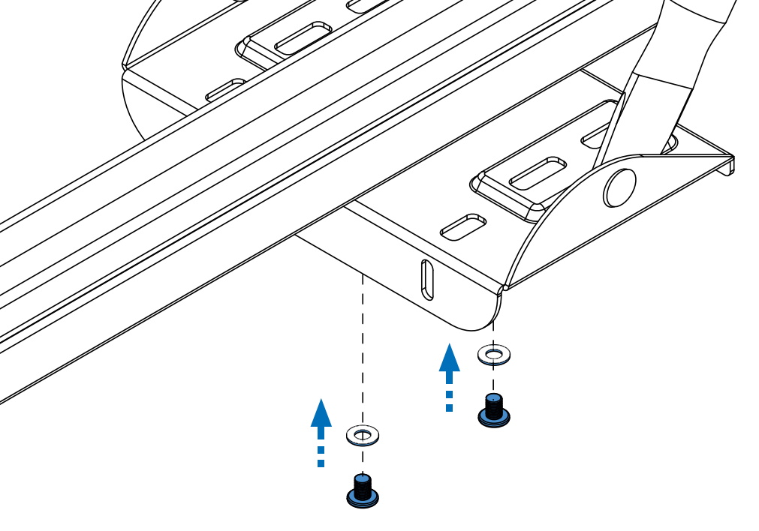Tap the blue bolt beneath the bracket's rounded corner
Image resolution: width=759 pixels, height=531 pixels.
pyautogui.click(x=493, y=412)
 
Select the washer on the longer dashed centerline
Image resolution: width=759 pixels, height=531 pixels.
pyautogui.click(x=363, y=433)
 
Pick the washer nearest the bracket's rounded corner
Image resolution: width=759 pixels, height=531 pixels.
pyautogui.click(x=494, y=352)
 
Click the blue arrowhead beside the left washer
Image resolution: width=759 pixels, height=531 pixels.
pyautogui.click(x=321, y=413)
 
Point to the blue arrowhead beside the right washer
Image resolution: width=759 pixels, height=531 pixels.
pyautogui.click(x=449, y=358)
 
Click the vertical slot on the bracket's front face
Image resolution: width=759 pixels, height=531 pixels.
pyautogui.click(x=426, y=280)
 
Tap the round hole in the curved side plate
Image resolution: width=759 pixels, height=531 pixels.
pyautogui.click(x=620, y=187)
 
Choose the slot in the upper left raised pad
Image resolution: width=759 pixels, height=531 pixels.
pyautogui.click(x=303, y=37)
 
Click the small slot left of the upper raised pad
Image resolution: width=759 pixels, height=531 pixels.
pyautogui.click(x=226, y=90)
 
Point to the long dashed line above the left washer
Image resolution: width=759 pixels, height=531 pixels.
pyautogui.click(x=363, y=345)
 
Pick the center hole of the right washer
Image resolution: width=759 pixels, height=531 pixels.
pyautogui.click(x=494, y=352)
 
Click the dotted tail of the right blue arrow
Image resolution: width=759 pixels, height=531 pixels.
pyautogui.click(x=449, y=399)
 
